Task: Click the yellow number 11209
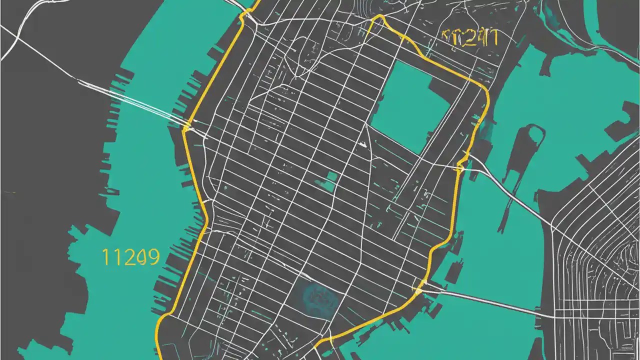click(x=130, y=257)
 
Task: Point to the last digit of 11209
click(x=153, y=257)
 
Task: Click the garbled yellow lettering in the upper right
click(x=470, y=38)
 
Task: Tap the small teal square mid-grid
click(x=329, y=181)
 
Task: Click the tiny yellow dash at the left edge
click(x=12, y=192)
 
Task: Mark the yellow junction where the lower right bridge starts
click(x=419, y=289)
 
